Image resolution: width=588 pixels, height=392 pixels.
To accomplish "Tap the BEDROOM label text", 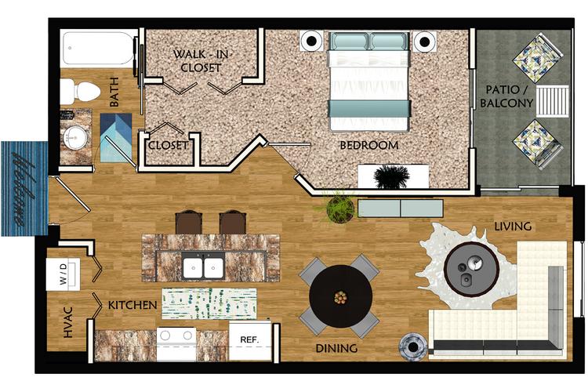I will (368, 146).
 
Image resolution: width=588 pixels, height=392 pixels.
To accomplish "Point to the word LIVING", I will (513, 227).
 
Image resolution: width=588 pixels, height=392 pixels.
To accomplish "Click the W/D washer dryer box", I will (62, 274).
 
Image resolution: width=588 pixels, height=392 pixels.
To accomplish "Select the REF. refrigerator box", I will (249, 340).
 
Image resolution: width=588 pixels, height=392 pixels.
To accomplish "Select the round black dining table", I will (340, 297).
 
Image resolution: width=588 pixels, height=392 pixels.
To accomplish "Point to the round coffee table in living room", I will (470, 267).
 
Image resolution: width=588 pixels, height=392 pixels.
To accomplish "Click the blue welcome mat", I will (24, 188).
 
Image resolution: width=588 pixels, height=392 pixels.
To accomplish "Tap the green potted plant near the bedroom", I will (340, 208).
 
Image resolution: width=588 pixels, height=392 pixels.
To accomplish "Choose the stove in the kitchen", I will (176, 340).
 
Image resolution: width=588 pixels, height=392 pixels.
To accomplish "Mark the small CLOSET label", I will (169, 146).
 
